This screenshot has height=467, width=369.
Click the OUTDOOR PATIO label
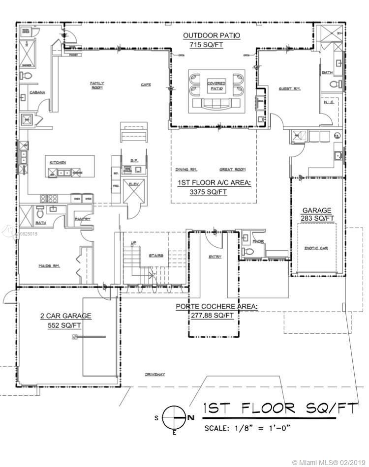[211, 36]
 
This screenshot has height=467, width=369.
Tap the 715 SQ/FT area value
[211, 45]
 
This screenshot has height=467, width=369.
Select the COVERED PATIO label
[216, 86]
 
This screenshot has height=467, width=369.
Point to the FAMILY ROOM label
[97, 85]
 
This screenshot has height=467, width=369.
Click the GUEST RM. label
[289, 88]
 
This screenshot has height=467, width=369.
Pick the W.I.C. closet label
[329, 102]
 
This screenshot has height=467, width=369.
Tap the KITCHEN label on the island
[57, 162]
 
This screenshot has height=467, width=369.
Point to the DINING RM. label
[186, 170]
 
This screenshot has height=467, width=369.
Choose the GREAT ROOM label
[232, 170]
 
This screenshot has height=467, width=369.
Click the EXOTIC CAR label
[316, 248]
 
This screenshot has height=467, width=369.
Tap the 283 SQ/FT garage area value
[317, 218]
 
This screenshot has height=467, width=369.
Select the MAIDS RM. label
[49, 265]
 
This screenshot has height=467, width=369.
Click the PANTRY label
[82, 219]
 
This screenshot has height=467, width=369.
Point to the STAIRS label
[156, 256]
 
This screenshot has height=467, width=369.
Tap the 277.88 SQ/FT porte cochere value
[213, 315]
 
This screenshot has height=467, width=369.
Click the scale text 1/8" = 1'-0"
[247, 428]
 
